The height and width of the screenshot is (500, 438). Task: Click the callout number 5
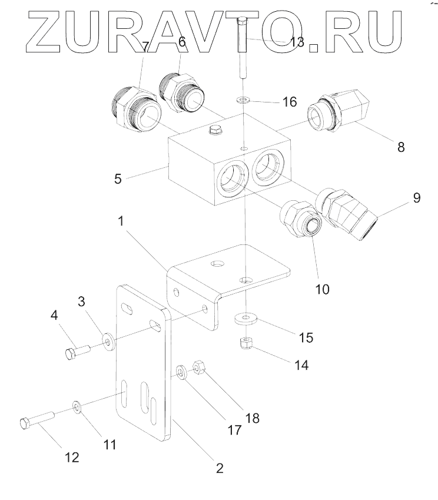[x=118, y=178]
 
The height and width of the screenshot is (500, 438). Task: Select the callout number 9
[x=416, y=197]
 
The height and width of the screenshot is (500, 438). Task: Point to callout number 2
[x=219, y=469]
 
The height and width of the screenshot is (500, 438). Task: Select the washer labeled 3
[x=108, y=342]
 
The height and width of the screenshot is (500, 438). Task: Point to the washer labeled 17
[x=181, y=372]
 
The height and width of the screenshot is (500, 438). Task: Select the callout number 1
[x=121, y=222]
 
